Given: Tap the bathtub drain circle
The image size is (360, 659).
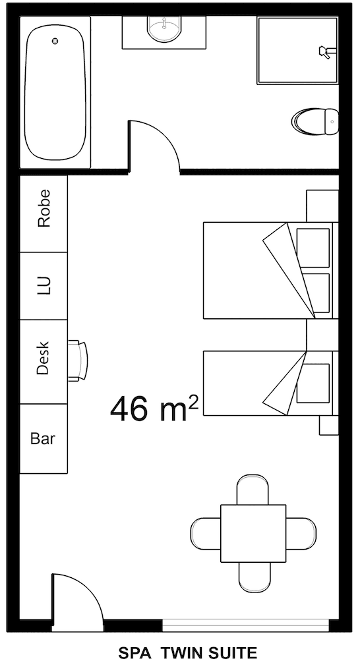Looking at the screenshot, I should (55, 41).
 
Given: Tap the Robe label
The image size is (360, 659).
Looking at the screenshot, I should (44, 209).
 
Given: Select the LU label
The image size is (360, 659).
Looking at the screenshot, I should (44, 285).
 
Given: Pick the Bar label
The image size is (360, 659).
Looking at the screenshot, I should (43, 438).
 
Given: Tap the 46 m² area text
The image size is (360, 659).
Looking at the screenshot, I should (154, 409).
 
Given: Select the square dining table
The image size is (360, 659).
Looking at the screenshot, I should (253, 532).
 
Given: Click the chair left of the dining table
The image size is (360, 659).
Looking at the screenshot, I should (205, 532).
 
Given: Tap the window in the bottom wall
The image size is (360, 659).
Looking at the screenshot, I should (245, 623).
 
